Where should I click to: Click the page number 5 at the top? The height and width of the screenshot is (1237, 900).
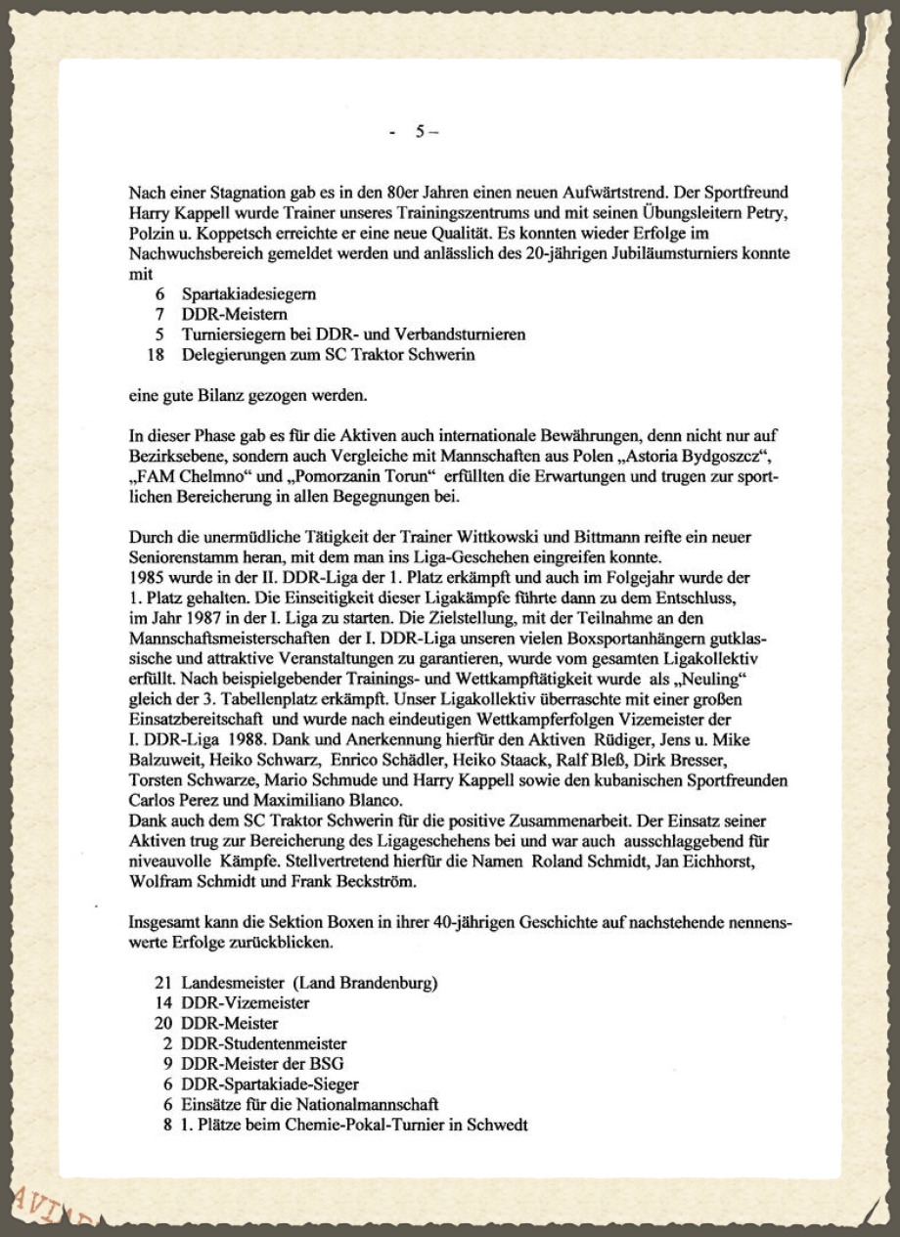(420, 131)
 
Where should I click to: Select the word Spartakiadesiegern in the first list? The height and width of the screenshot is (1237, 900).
(248, 293)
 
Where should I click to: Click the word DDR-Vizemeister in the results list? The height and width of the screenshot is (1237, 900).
(246, 1002)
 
